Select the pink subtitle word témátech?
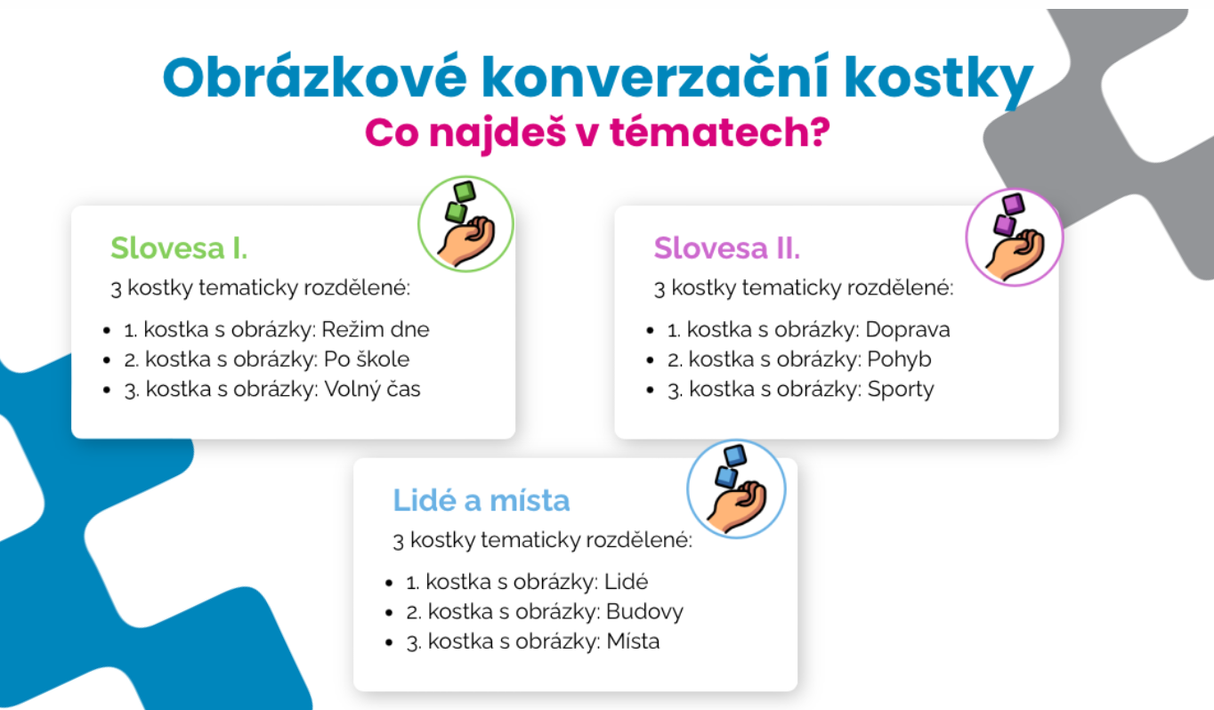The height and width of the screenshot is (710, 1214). pos(720,132)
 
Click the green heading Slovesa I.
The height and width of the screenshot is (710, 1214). pos(179,248)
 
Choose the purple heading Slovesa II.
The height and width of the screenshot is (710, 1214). pos(727,248)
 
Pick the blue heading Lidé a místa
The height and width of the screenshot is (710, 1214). pos(482,500)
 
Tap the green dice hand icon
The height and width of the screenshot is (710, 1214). pos(466,223)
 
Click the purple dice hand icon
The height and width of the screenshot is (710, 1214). pos(1015,237)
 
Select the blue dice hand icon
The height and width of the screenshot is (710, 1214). pos(737,488)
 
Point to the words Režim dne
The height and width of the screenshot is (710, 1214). pos(376,329)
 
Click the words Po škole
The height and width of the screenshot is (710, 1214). pos(367,359)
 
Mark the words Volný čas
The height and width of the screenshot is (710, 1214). pos(372,390)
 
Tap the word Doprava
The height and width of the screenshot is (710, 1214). pos(908,330)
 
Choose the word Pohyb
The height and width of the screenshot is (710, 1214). pos(899,359)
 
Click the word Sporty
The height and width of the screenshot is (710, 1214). pos(901,390)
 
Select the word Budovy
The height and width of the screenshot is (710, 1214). pos(645,612)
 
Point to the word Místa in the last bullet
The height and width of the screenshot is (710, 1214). pos(633,641)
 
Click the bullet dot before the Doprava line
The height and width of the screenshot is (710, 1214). pos(651,331)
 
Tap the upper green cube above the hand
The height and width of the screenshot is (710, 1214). pos(465,191)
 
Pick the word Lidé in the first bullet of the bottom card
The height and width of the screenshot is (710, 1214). pos(626,582)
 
